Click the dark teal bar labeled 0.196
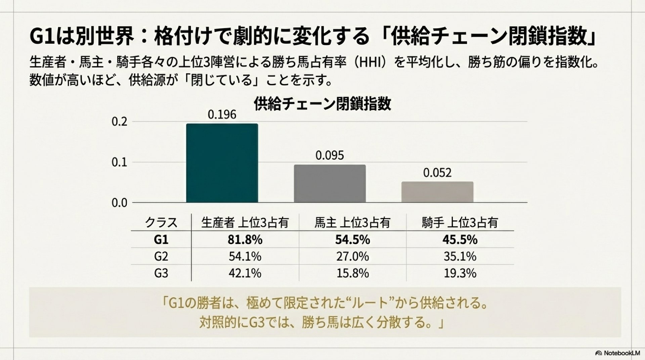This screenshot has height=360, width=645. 222,163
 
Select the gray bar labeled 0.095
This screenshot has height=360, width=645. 330,184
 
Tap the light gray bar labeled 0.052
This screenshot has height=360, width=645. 437,192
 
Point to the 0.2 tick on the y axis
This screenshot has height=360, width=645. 120,122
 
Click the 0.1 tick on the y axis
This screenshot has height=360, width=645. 120,163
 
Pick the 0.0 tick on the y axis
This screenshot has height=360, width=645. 120,203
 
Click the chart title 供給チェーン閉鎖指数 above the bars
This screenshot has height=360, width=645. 322,104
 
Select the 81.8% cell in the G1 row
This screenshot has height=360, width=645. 245,240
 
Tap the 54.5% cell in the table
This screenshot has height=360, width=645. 352,240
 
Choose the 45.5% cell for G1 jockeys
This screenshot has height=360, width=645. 460,240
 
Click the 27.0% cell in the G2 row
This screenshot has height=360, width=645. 352,257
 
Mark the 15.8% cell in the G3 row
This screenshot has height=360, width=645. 352,273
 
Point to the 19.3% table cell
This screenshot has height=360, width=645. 460,273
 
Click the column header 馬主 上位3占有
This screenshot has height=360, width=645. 352,223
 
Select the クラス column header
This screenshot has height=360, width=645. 161,223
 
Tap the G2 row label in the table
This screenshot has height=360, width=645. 161,257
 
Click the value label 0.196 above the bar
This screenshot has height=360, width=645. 222,115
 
